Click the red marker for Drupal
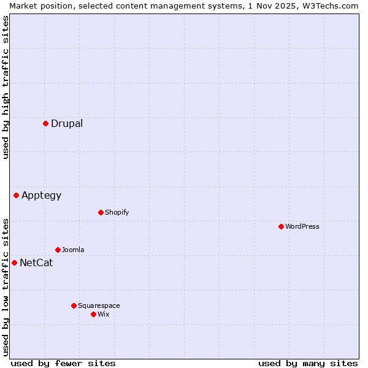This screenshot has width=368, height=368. [45, 123]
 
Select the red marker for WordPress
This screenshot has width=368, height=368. [281, 226]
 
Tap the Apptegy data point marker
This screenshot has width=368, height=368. [17, 195]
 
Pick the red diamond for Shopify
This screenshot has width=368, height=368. [101, 212]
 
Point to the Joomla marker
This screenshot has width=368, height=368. [58, 250]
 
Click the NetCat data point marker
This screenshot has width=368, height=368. [14, 263]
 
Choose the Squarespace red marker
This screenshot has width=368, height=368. [74, 305]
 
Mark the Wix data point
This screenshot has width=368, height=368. [93, 314]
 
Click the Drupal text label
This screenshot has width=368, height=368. [67, 123]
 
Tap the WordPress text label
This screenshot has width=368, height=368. [302, 226]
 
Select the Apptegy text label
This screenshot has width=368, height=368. [42, 196]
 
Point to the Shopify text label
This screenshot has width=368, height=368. [117, 212]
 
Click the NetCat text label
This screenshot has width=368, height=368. [36, 263]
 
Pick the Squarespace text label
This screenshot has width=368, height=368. [99, 305]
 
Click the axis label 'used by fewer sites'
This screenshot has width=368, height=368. [63, 363]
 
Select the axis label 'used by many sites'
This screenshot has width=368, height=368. [308, 363]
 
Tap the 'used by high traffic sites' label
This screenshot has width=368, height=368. [6, 88]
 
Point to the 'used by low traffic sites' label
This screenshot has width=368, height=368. [6, 287]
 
